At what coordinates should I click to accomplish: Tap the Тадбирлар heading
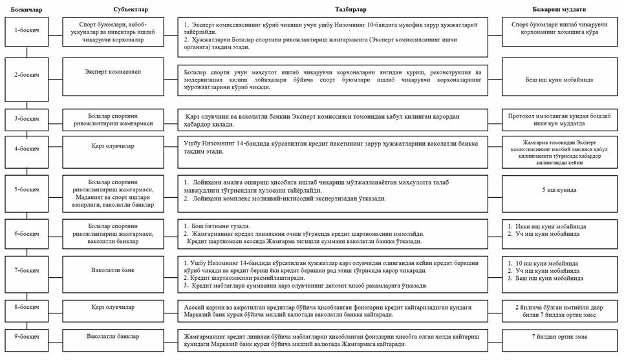(x=334, y=6)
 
